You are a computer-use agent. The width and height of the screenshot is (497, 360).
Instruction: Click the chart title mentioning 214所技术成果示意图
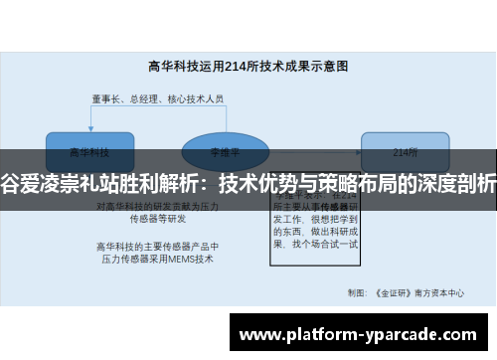(248, 66)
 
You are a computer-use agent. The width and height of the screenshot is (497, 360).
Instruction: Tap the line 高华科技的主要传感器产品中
(157, 246)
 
